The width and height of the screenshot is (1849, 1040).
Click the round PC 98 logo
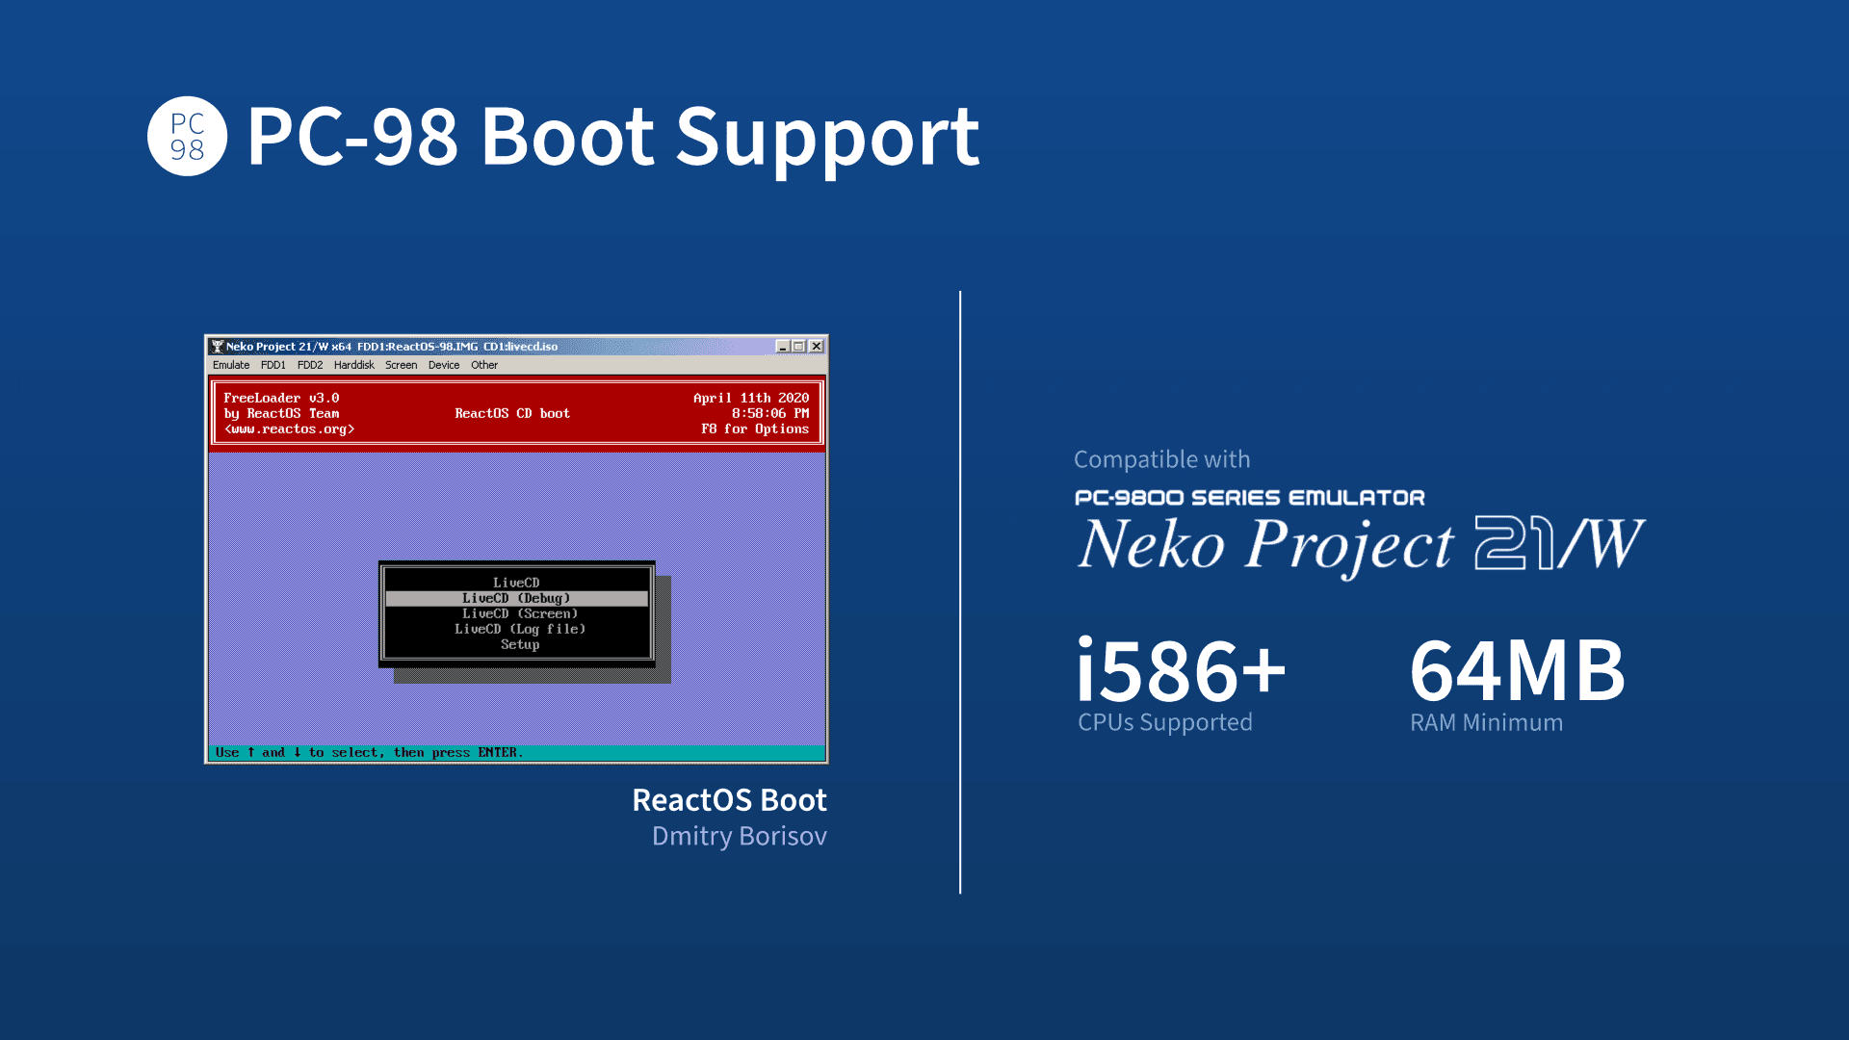click(187, 136)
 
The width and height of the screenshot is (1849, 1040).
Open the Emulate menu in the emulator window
click(231, 365)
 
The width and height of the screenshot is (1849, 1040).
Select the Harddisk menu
click(353, 365)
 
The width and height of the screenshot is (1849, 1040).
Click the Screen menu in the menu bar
click(401, 365)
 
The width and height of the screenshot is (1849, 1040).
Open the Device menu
click(444, 365)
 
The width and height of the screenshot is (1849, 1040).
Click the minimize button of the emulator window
click(783, 347)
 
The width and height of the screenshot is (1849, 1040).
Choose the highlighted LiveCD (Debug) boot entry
click(516, 598)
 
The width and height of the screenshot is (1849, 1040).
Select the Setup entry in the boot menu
click(520, 644)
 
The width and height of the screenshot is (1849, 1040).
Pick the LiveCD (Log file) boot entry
click(520, 629)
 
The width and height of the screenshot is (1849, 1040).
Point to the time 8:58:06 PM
click(770, 413)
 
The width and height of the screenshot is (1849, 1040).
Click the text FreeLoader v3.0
click(281, 398)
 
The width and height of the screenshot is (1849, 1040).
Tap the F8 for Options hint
click(755, 429)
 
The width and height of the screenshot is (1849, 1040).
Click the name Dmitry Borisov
click(740, 836)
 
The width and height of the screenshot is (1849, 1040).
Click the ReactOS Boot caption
click(729, 799)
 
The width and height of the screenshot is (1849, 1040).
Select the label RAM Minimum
click(1487, 722)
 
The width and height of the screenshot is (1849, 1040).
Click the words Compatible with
click(1162, 459)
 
